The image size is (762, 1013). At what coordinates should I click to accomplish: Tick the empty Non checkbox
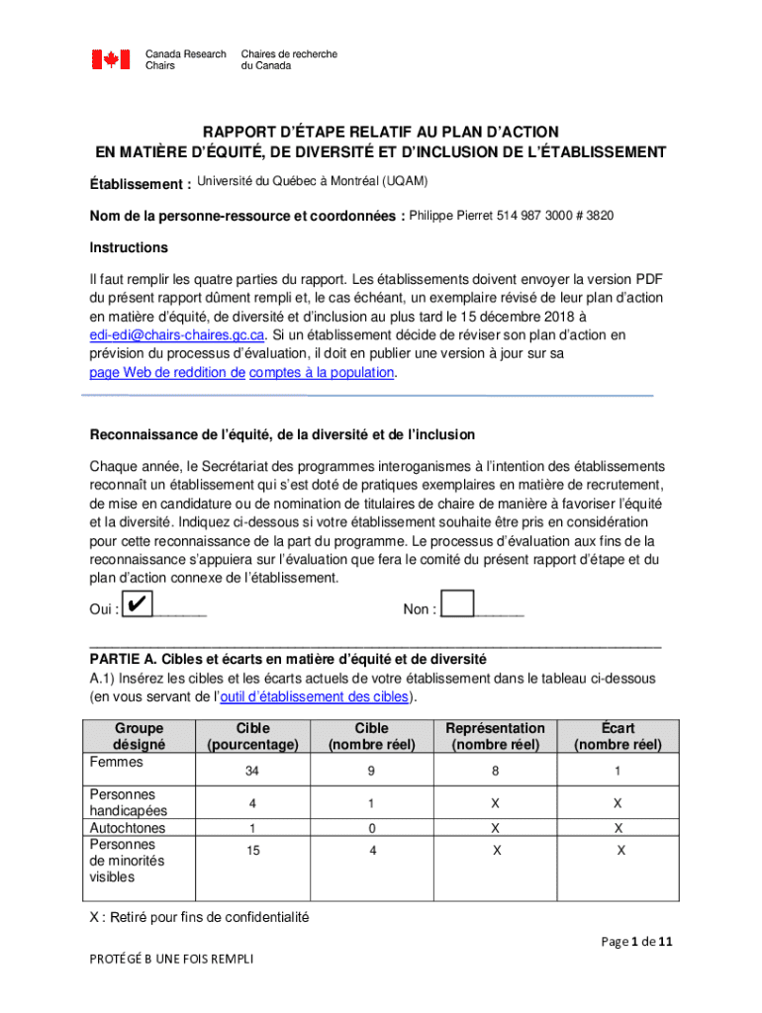point(457,604)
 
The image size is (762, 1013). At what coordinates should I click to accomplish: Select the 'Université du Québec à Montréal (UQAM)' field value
point(312,181)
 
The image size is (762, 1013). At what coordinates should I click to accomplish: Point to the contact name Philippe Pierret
point(455,216)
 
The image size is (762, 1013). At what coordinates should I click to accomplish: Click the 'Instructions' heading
point(129,247)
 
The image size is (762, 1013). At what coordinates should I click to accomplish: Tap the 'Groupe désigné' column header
point(140,736)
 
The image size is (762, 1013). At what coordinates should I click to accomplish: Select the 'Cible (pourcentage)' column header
point(253,736)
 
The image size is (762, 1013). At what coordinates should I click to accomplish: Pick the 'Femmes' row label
point(116,763)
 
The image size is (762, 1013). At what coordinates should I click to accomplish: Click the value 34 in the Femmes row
point(253,771)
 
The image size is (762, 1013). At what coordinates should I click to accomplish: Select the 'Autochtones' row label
point(128,828)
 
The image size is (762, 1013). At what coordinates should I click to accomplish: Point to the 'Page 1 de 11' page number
point(637,943)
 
